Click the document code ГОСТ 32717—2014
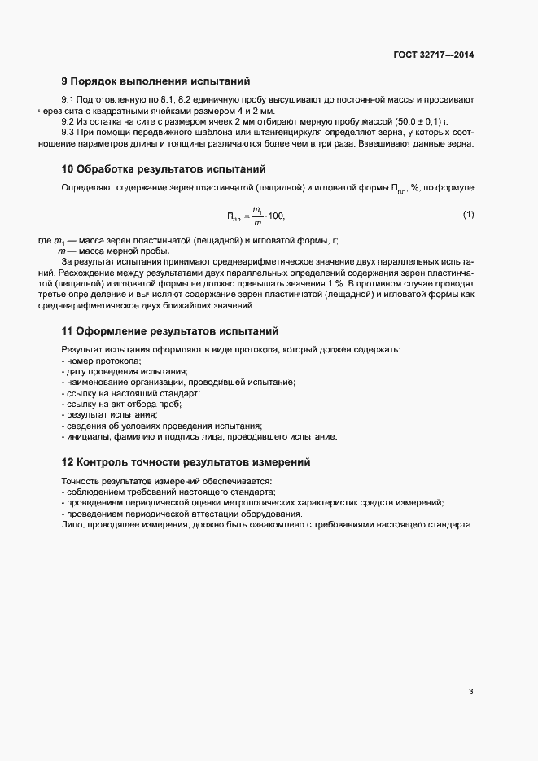[x=433, y=55]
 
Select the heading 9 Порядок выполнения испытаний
[x=155, y=81]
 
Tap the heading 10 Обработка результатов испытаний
[x=164, y=170]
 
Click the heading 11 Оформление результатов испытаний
[x=170, y=331]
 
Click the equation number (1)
[x=468, y=215]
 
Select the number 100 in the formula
[x=277, y=216]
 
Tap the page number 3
[x=470, y=692]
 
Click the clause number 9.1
[x=68, y=99]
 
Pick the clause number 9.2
[x=68, y=121]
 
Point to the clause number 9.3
[x=68, y=133]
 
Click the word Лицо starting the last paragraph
[x=72, y=525]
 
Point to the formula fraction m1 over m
[x=257, y=216]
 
